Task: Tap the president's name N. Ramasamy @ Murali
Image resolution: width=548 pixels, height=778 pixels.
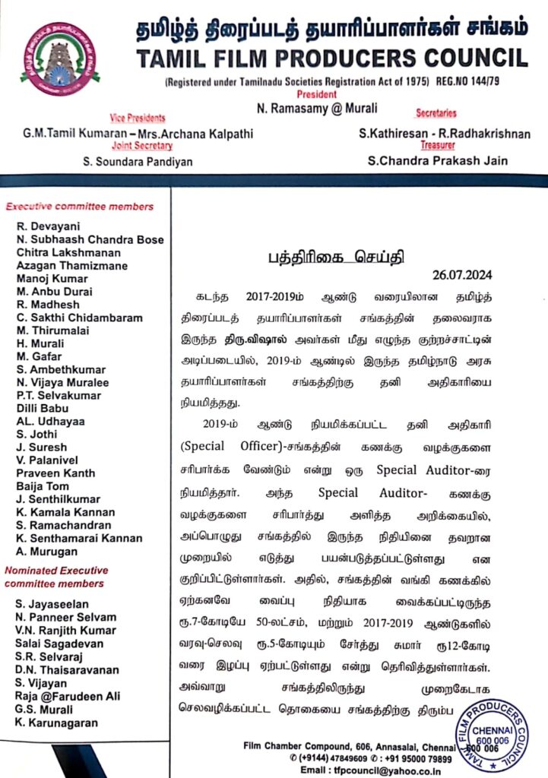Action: pos(317,109)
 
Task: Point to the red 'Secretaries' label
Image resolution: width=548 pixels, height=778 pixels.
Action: pos(436,113)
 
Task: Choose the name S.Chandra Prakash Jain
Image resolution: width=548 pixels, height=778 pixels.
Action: pos(437,160)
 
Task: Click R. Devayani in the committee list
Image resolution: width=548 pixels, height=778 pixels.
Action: pos(47,226)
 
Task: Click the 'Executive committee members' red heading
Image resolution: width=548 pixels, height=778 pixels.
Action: pos(79,206)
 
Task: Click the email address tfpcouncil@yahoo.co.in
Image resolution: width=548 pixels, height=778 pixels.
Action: pos(361,769)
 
